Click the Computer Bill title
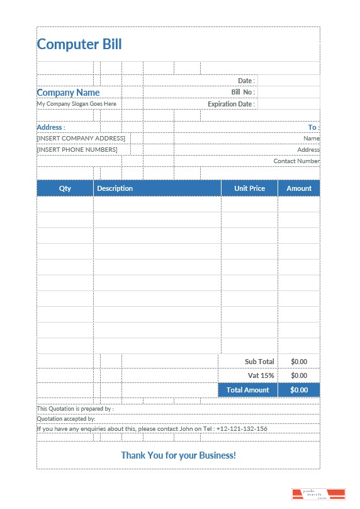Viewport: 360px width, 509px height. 79,44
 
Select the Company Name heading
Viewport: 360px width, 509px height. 68,93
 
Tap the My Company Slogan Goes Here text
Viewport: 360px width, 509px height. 76,104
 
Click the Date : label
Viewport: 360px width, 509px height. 246,81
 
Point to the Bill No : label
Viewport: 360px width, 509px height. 243,92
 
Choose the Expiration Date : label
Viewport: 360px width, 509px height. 231,104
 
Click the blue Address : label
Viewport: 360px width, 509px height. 51,127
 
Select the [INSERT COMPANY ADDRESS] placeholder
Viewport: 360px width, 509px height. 81,138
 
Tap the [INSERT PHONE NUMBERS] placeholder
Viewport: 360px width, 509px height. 77,150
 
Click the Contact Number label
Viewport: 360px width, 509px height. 296,161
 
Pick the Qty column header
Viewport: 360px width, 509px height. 65,188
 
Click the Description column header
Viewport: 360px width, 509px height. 115,188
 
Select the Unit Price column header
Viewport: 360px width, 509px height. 249,188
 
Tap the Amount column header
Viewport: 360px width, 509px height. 299,188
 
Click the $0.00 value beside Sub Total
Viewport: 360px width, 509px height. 299,362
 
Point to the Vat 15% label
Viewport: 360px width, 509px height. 263,375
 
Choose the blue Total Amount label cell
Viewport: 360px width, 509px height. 247,390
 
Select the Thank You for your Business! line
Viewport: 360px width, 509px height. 179,455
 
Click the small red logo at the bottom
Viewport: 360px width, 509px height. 318,494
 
